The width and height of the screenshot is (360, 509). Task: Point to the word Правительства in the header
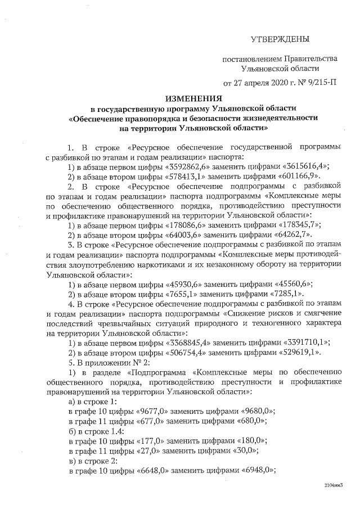[311, 58]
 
